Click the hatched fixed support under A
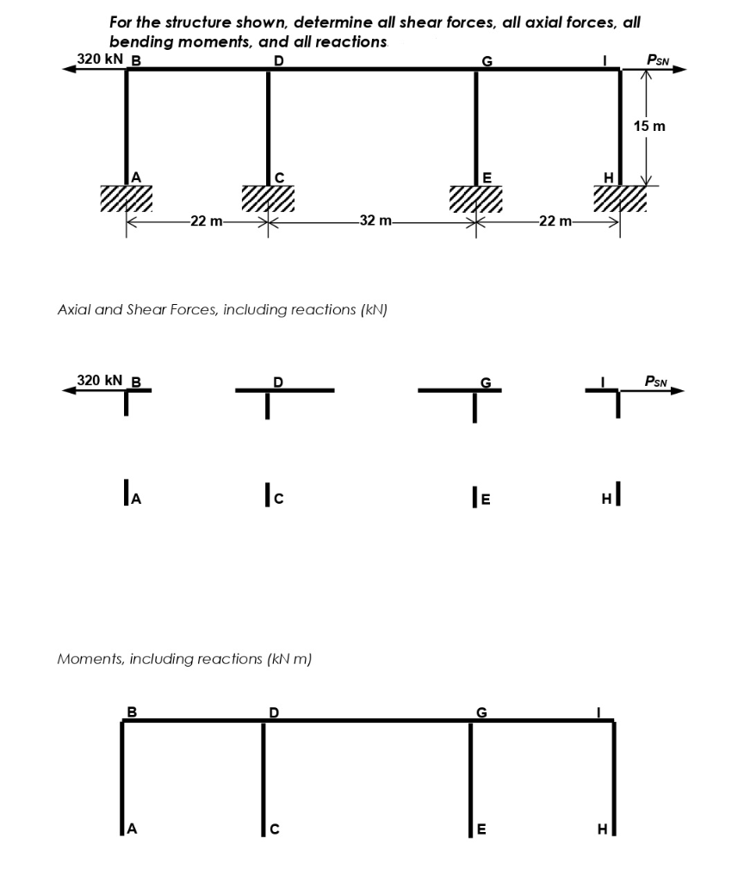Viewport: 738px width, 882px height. (126, 198)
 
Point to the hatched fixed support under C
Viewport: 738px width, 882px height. (267, 198)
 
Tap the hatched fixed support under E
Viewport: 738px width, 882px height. (476, 198)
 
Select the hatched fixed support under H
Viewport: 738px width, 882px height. (619, 198)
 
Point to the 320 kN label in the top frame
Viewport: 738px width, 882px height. (100, 59)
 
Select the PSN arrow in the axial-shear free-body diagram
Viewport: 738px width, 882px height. (654, 391)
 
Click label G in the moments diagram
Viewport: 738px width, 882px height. (481, 711)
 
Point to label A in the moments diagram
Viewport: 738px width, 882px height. (132, 829)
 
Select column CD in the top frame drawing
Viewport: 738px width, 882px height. (268, 125)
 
